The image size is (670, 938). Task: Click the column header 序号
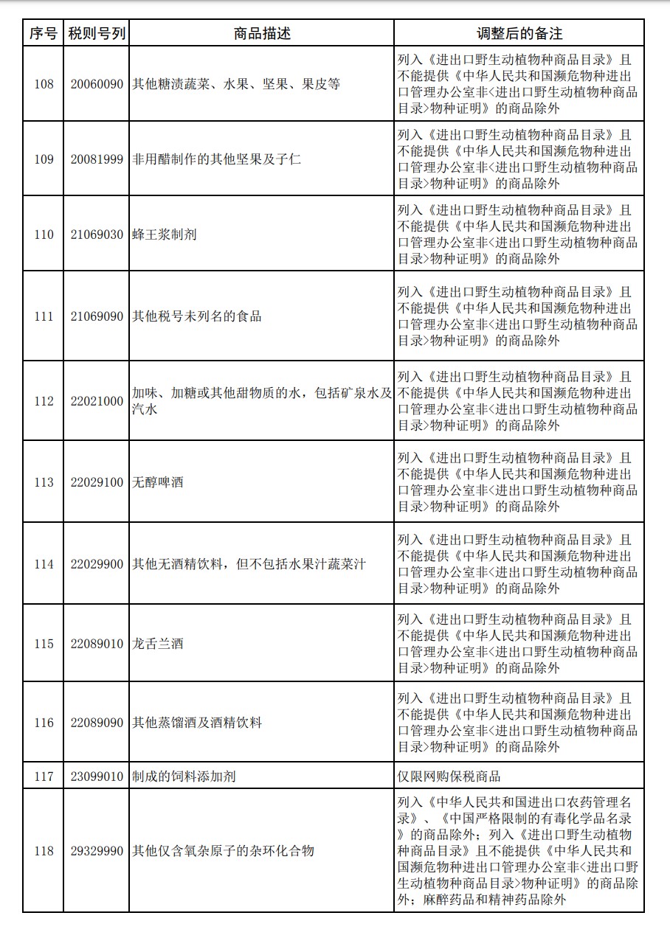(x=44, y=33)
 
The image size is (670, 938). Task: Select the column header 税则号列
(x=97, y=33)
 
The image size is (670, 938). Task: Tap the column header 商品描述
(x=261, y=33)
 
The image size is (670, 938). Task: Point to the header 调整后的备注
(x=519, y=33)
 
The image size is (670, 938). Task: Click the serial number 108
(x=44, y=84)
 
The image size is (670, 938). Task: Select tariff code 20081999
(x=97, y=159)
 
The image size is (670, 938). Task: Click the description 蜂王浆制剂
(x=165, y=234)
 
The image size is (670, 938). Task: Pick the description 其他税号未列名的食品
(x=197, y=316)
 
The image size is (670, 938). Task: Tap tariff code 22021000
(x=97, y=401)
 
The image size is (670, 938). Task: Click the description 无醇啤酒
(x=157, y=482)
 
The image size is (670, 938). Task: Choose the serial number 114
(x=44, y=564)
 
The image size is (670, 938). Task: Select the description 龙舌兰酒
(x=157, y=644)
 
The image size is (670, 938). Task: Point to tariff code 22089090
(x=97, y=723)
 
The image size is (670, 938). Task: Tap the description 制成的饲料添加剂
(x=184, y=776)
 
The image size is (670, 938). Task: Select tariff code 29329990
(x=97, y=851)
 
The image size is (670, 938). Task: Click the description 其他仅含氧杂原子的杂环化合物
(x=223, y=851)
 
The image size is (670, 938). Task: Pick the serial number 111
(x=44, y=316)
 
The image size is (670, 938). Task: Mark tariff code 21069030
(x=97, y=234)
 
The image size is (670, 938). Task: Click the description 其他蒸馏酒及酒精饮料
(x=197, y=723)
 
